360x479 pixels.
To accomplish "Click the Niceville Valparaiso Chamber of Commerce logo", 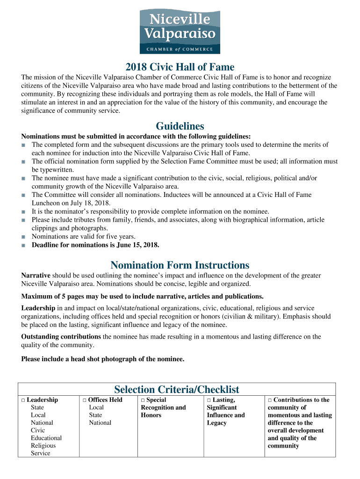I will [x=180, y=32].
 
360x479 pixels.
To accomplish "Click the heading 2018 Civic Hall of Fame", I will [x=180, y=67].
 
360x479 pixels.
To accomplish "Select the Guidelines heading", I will [x=180, y=126].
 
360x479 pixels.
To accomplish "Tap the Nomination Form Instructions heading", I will [x=180, y=265].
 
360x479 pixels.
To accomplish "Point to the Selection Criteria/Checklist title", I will [x=177, y=389].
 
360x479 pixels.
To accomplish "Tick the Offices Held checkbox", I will [x=84, y=400].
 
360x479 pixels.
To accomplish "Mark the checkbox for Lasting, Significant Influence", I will [x=209, y=400].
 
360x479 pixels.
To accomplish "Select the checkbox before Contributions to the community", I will [x=270, y=400].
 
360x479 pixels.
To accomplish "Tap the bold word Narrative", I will [x=36, y=276].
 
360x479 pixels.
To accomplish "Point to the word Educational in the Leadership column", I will [x=46, y=438].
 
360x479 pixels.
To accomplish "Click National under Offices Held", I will [x=100, y=423].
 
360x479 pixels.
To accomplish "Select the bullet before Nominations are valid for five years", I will [x=23, y=237].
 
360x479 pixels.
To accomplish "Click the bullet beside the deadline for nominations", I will [x=23, y=245].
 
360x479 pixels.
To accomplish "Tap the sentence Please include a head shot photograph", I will [x=103, y=359].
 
